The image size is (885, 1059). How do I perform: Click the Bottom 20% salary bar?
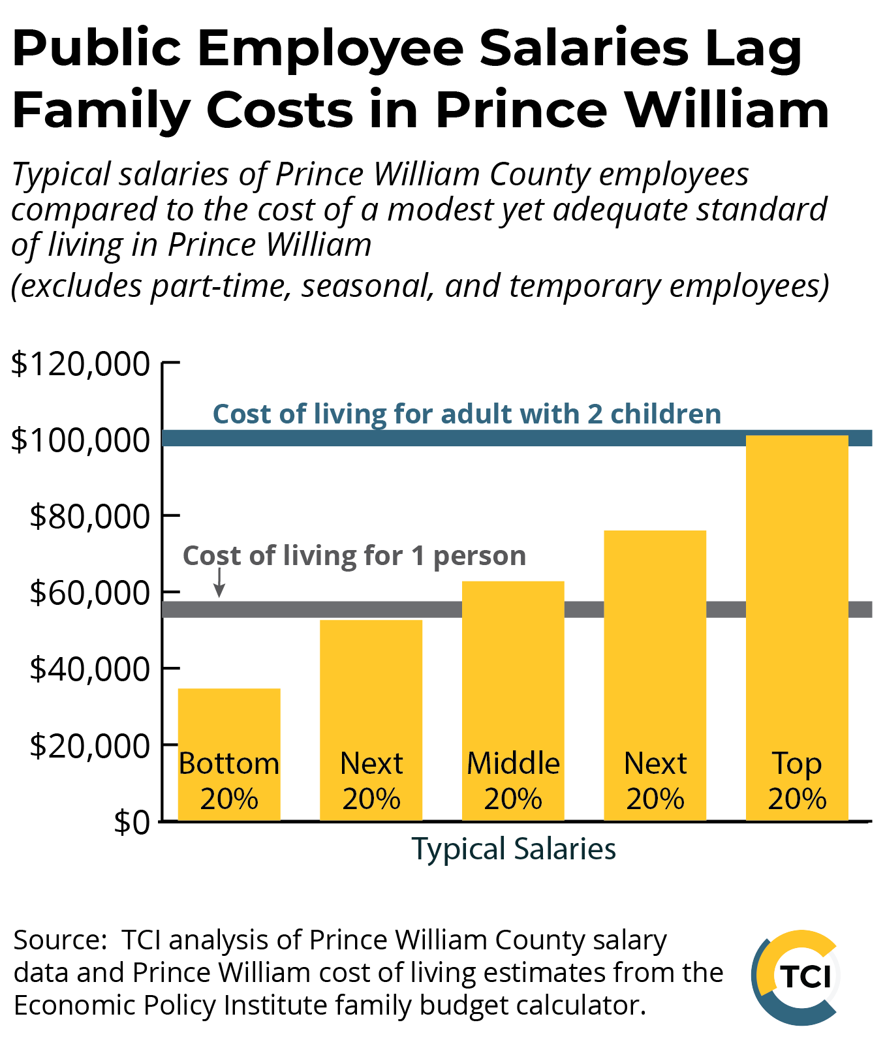click(229, 718)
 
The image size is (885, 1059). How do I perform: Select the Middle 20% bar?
click(513, 666)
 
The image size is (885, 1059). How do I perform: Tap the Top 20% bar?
click(797, 587)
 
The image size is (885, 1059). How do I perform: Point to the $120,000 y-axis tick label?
click(81, 363)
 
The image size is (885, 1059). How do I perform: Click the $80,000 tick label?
click(90, 516)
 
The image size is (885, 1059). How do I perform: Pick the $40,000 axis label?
click(90, 669)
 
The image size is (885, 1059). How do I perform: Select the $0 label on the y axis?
click(132, 822)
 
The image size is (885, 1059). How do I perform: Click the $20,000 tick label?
click(90, 745)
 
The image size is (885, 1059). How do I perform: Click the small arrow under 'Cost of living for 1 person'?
click(220, 583)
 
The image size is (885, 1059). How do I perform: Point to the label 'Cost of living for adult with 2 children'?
click(467, 414)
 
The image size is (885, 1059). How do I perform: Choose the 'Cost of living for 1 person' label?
click(354, 556)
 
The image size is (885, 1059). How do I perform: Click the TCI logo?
click(797, 977)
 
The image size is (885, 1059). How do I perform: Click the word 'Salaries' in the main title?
click(583, 49)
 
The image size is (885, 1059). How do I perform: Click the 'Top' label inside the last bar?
click(797, 763)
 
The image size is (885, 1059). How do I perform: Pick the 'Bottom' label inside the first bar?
click(229, 763)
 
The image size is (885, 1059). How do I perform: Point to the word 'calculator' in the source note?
click(578, 1005)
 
